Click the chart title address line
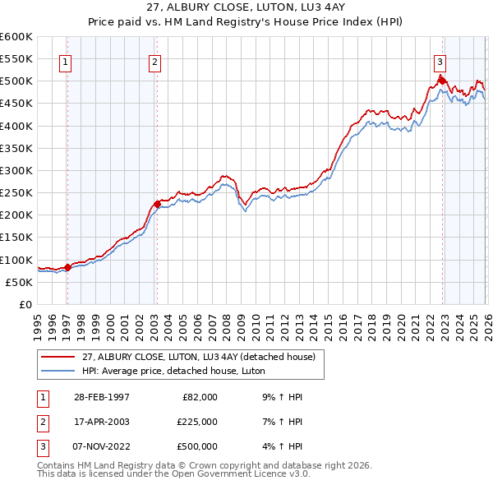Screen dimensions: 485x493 pyautogui.click(x=246, y=7)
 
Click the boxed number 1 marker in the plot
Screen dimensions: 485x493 pyautogui.click(x=65, y=60)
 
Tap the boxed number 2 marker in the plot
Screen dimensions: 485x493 pyautogui.click(x=155, y=60)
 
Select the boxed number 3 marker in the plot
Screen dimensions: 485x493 pyautogui.click(x=440, y=60)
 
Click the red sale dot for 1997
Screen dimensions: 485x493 pyautogui.click(x=68, y=266)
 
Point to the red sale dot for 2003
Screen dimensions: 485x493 pyautogui.click(x=157, y=203)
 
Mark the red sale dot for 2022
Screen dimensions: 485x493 pyautogui.click(x=442, y=80)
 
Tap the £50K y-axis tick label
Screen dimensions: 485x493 pyautogui.click(x=19, y=282)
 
